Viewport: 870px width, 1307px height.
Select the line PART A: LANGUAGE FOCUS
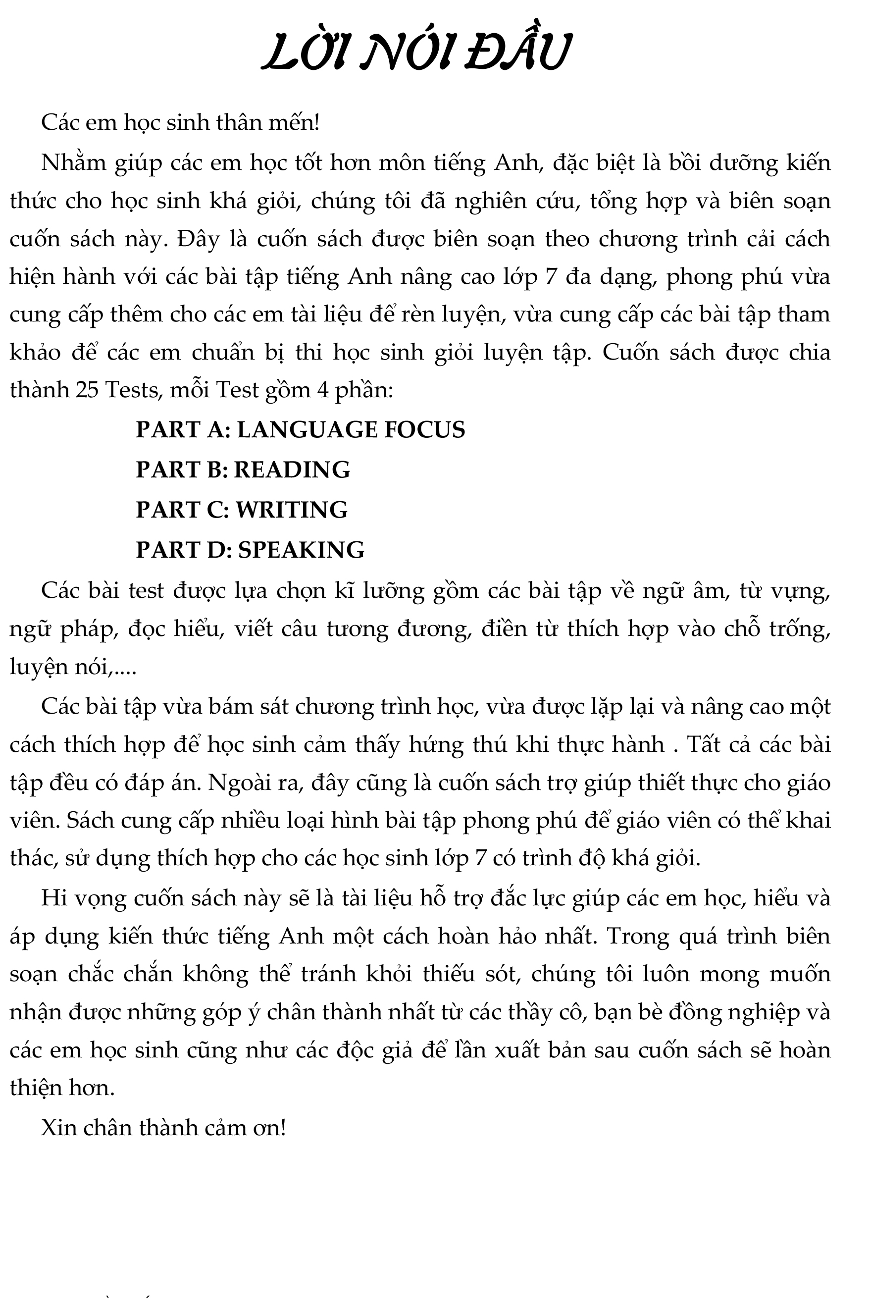[300, 430]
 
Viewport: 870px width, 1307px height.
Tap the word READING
[292, 470]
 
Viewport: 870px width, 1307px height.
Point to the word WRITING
[292, 510]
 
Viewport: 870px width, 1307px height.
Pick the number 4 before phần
[323, 391]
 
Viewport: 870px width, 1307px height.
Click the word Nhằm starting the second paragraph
[73, 163]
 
